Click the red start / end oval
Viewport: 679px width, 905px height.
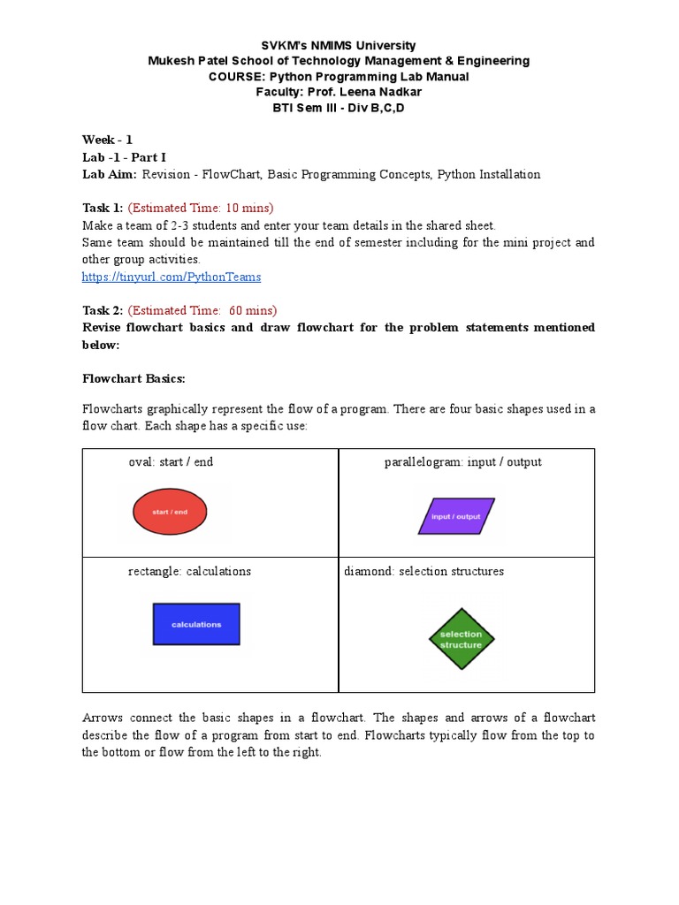(x=170, y=512)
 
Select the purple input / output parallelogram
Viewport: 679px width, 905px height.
(x=455, y=516)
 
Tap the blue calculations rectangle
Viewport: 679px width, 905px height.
(x=196, y=624)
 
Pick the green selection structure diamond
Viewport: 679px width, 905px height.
(x=462, y=639)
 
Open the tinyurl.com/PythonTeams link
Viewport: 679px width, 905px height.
(x=172, y=277)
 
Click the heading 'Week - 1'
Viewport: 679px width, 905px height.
(x=107, y=140)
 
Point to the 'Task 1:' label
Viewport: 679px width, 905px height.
(x=103, y=208)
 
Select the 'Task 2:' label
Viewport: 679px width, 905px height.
(x=103, y=310)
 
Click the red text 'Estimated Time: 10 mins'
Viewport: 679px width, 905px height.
(x=202, y=208)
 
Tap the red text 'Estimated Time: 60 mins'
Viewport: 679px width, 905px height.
(x=202, y=310)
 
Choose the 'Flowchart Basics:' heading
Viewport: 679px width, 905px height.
(x=134, y=378)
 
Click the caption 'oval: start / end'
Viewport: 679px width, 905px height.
(x=171, y=462)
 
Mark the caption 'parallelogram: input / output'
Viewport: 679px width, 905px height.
(x=462, y=462)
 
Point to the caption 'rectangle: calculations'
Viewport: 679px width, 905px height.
(x=189, y=571)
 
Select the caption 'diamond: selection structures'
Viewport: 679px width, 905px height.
(x=423, y=571)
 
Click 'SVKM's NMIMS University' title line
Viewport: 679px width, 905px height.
(x=339, y=45)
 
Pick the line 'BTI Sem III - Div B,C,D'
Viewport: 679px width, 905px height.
(x=339, y=108)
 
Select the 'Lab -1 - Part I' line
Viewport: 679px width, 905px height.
(x=124, y=157)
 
